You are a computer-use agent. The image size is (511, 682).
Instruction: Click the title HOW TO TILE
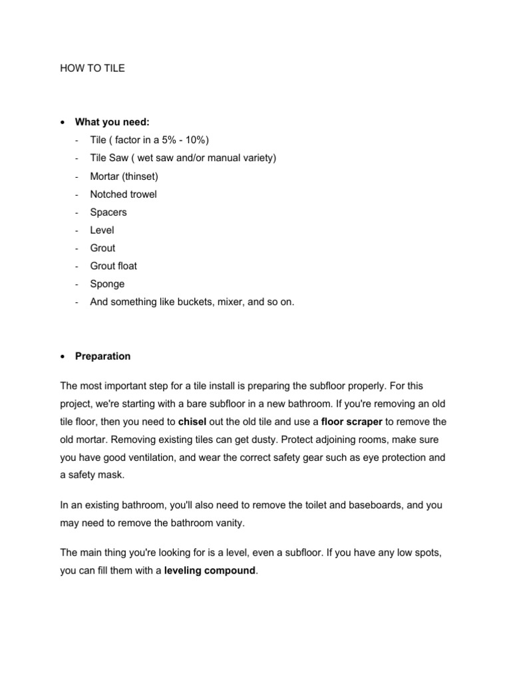(92, 69)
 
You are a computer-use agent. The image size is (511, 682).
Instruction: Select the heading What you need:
(112, 122)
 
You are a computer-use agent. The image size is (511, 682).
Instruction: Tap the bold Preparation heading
(103, 356)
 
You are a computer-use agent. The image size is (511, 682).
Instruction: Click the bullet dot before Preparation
(63, 357)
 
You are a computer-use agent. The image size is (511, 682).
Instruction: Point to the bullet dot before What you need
(63, 123)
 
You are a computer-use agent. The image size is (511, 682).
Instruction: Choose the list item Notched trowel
(123, 194)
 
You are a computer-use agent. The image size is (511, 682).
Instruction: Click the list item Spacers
(108, 212)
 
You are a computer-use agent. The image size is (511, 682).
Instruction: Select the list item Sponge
(106, 284)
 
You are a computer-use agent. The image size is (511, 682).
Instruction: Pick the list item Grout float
(113, 266)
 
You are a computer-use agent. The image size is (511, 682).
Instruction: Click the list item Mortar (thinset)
(124, 176)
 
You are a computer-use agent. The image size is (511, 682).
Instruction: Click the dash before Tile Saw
(78, 159)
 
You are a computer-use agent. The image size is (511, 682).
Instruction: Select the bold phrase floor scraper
(351, 422)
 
